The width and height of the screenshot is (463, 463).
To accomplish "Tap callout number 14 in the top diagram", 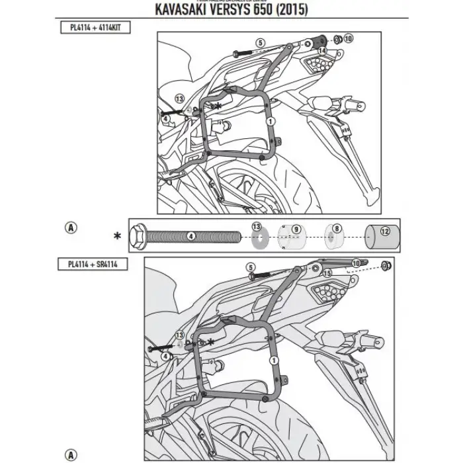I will point(322,50).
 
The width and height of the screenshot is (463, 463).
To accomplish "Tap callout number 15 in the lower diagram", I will point(327,272).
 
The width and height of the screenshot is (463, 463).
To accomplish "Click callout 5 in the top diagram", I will point(260,42).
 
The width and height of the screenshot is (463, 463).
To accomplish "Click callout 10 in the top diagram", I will point(349,39).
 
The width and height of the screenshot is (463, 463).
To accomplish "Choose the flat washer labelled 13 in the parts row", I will point(257,236).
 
